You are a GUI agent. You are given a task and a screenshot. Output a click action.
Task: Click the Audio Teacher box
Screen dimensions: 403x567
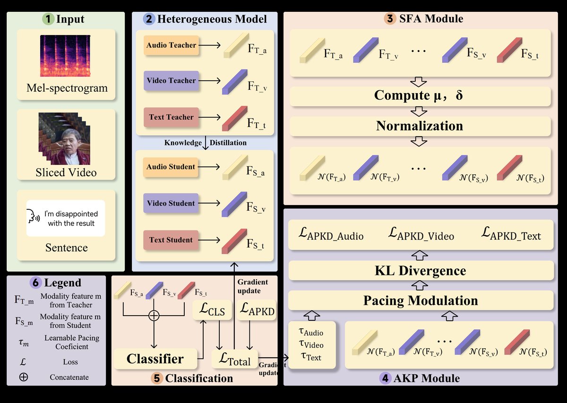coord(171,45)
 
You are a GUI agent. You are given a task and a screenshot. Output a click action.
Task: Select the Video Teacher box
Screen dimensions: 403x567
coord(171,81)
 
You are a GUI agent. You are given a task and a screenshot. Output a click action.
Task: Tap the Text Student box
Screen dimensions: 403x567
coord(171,240)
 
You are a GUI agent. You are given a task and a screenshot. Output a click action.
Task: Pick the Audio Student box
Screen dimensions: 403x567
coord(171,167)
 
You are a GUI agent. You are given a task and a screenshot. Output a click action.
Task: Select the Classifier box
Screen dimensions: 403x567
coord(155,359)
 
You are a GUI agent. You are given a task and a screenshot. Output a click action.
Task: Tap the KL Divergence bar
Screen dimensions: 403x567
coord(421,271)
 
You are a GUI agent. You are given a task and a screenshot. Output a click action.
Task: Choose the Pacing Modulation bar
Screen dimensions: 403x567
coord(421,300)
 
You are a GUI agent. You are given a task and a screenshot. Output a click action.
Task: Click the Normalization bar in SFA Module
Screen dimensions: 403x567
coord(420,126)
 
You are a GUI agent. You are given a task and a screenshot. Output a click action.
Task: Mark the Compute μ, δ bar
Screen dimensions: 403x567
coord(420,96)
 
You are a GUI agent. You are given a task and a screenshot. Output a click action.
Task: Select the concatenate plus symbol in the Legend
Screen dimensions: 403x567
coord(24,377)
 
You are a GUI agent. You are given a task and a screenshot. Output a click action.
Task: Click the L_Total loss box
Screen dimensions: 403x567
coord(235,360)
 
